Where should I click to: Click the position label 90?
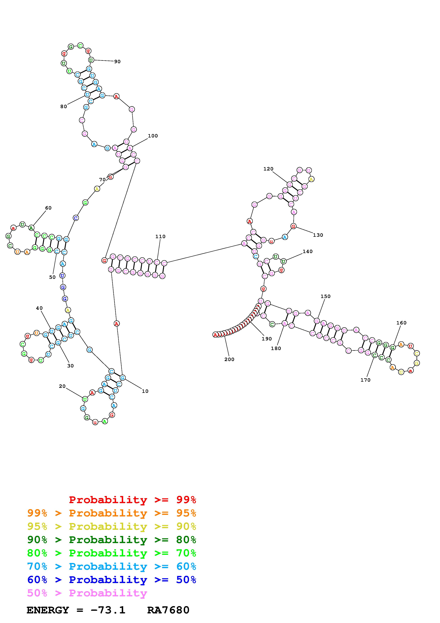(117, 62)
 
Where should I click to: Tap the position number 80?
(63, 107)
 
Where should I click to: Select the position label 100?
(153, 136)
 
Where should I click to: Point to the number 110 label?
(160, 236)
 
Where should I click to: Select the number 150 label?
(325, 296)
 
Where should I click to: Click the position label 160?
(401, 323)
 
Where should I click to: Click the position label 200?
(229, 359)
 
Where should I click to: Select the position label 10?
(145, 391)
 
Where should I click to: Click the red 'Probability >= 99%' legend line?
(132, 500)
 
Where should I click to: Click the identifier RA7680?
(168, 610)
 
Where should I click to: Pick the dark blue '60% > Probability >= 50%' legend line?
(111, 580)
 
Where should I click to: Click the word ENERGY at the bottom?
(48, 610)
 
